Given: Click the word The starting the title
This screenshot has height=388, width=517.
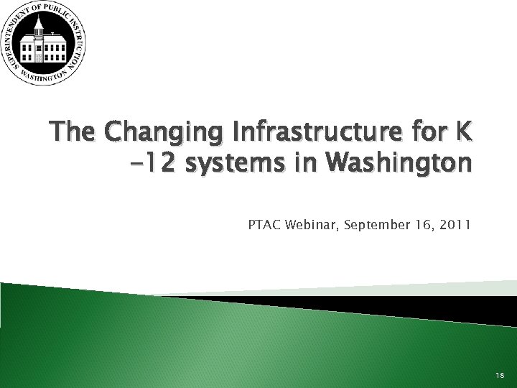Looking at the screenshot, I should click(x=73, y=134).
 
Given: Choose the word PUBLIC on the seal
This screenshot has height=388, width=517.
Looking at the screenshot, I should click(x=62, y=11).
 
